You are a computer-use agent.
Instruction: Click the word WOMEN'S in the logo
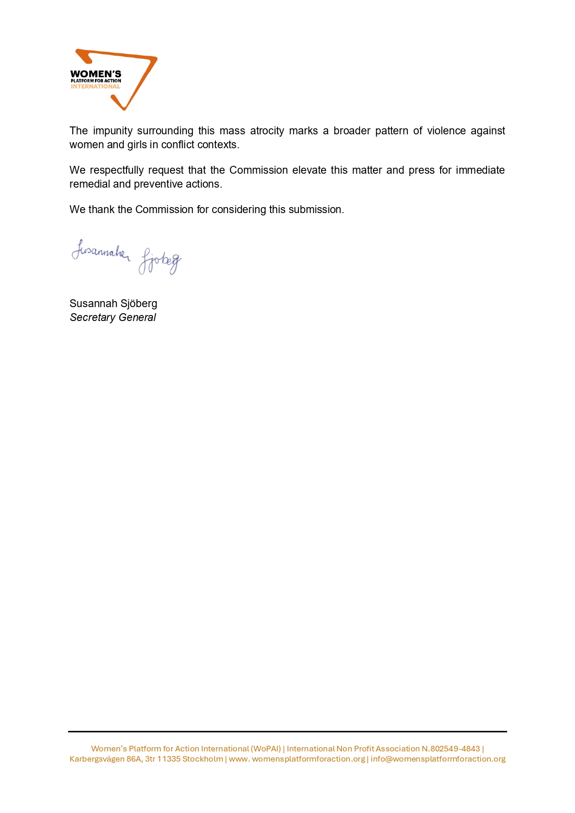(95, 74)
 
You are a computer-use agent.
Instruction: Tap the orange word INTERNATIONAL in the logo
(95, 87)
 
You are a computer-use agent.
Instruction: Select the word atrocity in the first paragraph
(267, 131)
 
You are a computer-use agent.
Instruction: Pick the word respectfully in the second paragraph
(117, 170)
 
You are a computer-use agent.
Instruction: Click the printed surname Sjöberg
(139, 304)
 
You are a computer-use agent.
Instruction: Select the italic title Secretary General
(113, 318)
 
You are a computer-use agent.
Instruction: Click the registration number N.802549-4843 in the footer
(450, 749)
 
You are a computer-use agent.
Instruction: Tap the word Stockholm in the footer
(202, 759)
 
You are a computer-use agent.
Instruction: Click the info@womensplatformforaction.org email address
(438, 759)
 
